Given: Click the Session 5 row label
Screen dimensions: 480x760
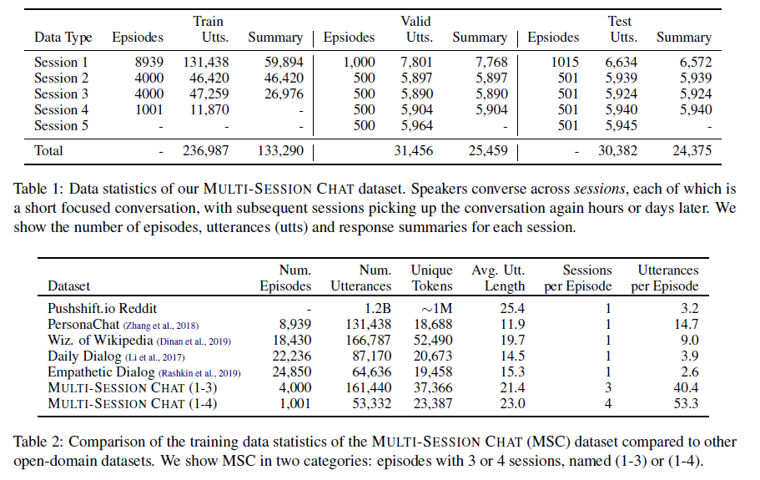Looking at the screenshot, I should pos(62,126).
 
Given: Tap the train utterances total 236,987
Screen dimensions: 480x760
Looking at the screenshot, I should pos(204,151).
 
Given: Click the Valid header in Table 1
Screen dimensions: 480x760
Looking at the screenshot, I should pos(415,21).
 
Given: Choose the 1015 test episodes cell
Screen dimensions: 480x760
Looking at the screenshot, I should pos(566,63).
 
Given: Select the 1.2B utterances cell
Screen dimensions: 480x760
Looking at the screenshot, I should pos(375,308).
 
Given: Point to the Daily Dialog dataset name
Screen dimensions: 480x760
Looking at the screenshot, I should pos(84,356).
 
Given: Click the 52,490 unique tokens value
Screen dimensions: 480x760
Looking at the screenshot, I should pos(431,340).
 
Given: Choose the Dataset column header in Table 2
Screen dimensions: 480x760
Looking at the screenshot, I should pos(69,286).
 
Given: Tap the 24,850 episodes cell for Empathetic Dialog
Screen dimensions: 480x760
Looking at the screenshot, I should pos(292,371).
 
